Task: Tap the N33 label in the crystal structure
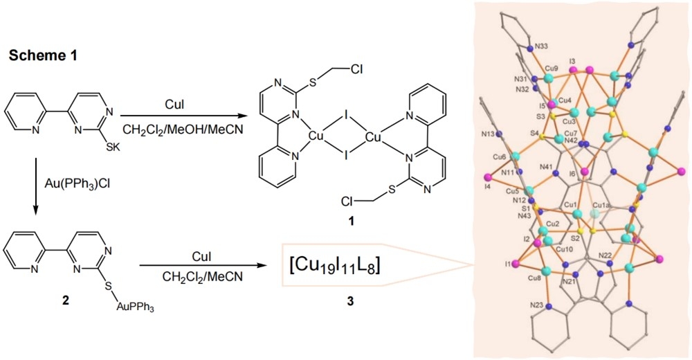(x=543, y=48)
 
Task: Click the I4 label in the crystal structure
(x=489, y=186)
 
